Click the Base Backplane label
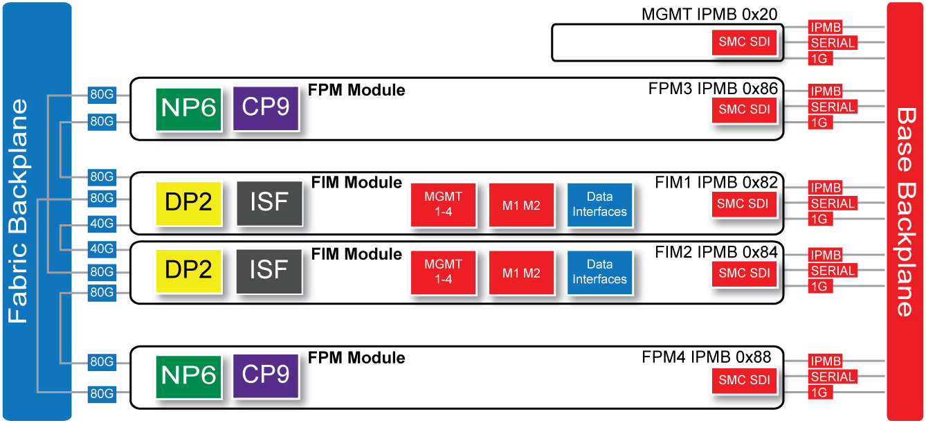coord(905,211)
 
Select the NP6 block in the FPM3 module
coord(188,109)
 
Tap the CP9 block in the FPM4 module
coord(266,375)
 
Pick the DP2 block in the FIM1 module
coord(188,203)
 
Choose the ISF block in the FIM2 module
coord(269,270)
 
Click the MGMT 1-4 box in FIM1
coord(443,204)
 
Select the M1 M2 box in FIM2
coord(521,273)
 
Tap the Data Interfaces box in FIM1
coord(599,204)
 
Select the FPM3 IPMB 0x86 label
coord(713,89)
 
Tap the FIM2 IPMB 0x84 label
coord(716,252)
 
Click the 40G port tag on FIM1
coord(102,224)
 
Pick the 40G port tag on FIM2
coord(102,248)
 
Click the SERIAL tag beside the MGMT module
coord(833,43)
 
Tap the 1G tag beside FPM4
coord(819,393)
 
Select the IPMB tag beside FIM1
coord(825,188)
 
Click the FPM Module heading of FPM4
coord(356,358)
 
